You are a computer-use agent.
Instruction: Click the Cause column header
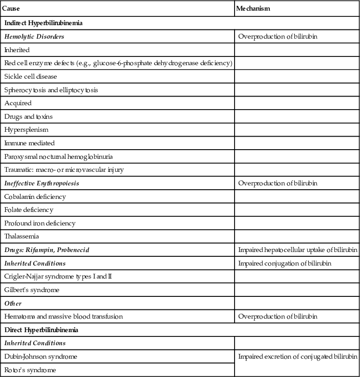(x=11, y=9)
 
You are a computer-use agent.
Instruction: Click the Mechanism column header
(x=253, y=9)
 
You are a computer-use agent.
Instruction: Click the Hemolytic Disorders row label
(x=34, y=36)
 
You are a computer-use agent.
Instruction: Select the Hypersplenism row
(x=26, y=130)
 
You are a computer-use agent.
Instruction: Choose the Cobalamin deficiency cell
(x=35, y=196)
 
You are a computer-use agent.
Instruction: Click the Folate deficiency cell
(x=29, y=210)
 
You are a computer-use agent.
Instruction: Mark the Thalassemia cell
(x=22, y=237)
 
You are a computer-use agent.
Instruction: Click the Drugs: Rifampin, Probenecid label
(x=47, y=250)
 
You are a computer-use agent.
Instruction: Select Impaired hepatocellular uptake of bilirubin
(x=298, y=250)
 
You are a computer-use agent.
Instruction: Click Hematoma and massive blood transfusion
(x=64, y=316)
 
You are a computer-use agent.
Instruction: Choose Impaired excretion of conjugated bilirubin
(x=298, y=356)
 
